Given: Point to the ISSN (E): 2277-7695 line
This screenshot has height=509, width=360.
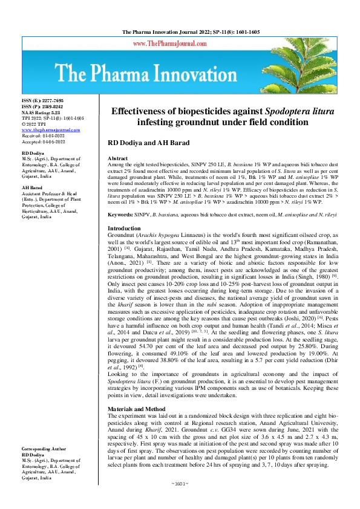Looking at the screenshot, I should (42, 100).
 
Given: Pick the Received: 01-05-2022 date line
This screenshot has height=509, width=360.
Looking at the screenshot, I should (45, 135).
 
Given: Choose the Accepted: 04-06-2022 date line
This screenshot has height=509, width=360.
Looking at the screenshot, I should (45, 141).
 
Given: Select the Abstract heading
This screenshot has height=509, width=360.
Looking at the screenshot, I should (118, 157).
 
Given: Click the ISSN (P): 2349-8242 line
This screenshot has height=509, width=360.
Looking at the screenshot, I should (42, 106).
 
